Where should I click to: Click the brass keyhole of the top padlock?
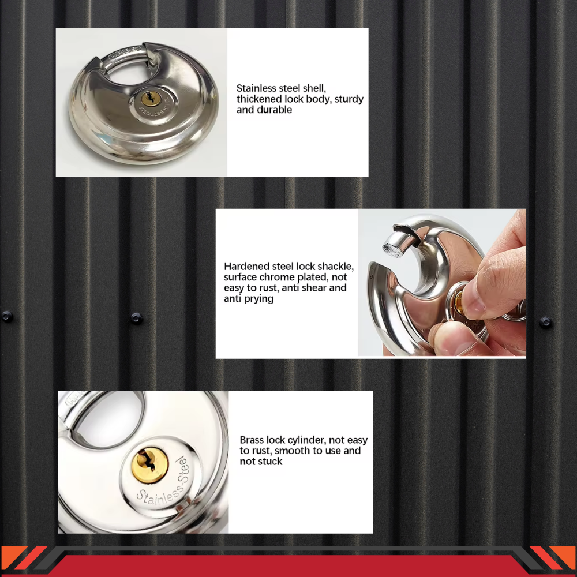(148, 99)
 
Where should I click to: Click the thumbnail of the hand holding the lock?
(442, 283)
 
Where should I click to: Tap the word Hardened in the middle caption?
(246, 267)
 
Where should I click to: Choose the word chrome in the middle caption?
(279, 277)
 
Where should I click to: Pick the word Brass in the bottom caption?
(252, 440)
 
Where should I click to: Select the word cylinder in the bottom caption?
(300, 440)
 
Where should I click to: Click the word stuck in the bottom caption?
(269, 462)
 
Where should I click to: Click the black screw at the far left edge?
(7, 316)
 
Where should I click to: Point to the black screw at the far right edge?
(545, 322)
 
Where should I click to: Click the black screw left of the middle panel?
(136, 317)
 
